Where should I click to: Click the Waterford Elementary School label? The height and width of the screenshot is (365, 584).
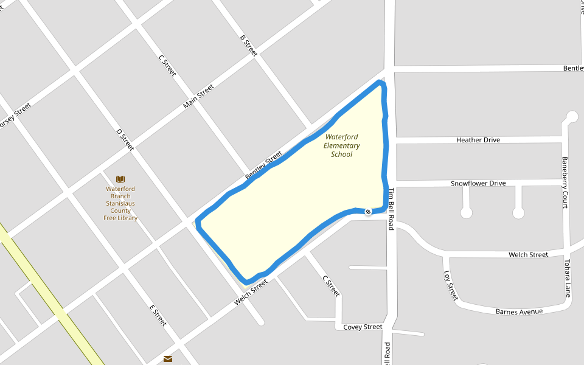(x=341, y=146)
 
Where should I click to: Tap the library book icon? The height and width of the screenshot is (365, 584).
(x=120, y=179)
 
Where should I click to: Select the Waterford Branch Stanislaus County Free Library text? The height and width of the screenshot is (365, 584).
(x=120, y=203)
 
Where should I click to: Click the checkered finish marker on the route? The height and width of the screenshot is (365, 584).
(x=368, y=212)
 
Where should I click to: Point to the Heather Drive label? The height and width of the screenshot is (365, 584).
(x=478, y=140)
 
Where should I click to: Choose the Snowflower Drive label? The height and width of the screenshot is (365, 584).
(x=478, y=183)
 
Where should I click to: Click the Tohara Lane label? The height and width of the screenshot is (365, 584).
(x=567, y=279)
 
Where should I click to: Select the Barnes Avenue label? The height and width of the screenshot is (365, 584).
(x=518, y=311)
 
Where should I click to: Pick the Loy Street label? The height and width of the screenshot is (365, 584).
(x=451, y=285)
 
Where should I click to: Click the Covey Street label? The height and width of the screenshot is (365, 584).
(x=363, y=327)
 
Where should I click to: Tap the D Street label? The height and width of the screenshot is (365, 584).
(x=125, y=140)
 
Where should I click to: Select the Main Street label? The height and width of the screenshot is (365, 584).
(x=198, y=96)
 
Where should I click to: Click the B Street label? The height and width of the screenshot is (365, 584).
(x=249, y=46)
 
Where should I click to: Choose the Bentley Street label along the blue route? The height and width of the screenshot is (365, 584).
(x=263, y=164)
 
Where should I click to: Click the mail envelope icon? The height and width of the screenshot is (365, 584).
(x=168, y=359)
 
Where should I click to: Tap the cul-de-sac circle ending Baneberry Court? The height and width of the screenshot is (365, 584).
(x=571, y=116)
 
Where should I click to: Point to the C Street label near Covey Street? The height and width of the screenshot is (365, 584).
(x=330, y=286)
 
